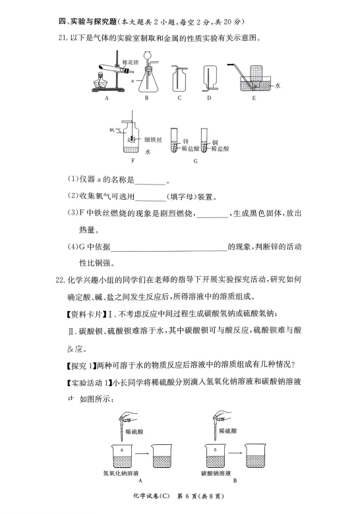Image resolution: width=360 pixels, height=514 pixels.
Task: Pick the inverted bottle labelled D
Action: tap(210, 78)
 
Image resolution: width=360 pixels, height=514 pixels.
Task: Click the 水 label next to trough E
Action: tap(278, 86)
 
